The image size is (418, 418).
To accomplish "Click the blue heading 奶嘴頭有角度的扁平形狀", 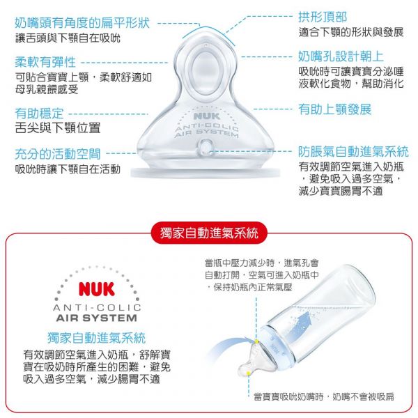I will click(82, 22).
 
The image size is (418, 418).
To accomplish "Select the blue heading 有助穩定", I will click(39, 112).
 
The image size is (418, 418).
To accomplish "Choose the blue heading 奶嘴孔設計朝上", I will click(339, 56).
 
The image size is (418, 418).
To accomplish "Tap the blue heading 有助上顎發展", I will click(334, 109).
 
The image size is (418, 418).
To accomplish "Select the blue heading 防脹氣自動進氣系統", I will click(353, 151).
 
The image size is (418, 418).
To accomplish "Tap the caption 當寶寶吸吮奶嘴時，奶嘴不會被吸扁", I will click(323, 396).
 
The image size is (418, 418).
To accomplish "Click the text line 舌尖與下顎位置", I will click(57, 127).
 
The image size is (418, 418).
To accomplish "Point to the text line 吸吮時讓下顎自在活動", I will click(68, 169).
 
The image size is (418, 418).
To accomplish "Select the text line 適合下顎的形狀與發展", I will click(350, 31).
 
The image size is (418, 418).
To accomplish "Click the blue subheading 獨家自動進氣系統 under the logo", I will click(96, 339).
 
